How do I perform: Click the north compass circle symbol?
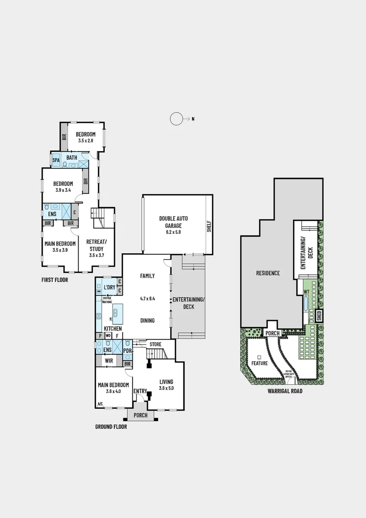pos(177,118)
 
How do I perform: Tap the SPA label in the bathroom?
pos(56,159)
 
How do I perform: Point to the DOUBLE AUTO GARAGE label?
pos(173,222)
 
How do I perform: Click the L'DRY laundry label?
pos(110,287)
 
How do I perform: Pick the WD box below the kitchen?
pos(108,336)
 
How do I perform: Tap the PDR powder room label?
pos(127,351)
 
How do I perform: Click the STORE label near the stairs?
pos(155,344)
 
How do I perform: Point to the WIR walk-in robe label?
pos(109,360)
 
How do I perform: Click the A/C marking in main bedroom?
pos(100,404)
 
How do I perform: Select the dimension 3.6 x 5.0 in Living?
pos(167,388)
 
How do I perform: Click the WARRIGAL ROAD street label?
pos(285,391)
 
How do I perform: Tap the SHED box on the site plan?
pos(319,316)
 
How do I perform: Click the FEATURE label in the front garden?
pos(260,363)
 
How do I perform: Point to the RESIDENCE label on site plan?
pos(268,273)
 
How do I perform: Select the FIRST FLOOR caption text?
pos(54,280)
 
